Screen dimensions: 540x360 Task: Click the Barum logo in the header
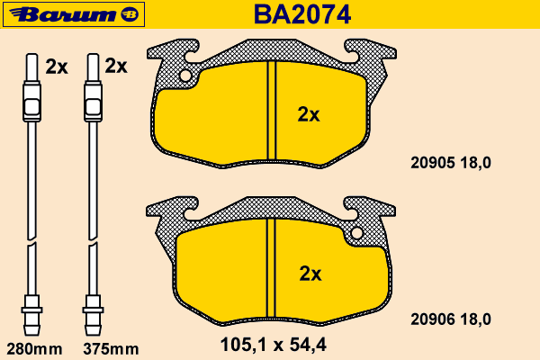(x=74, y=14)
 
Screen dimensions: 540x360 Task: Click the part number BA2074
(x=302, y=14)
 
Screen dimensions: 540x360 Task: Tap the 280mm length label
(x=34, y=349)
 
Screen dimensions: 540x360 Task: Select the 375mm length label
(x=111, y=349)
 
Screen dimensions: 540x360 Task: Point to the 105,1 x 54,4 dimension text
(x=273, y=345)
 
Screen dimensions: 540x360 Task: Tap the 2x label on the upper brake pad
(x=309, y=114)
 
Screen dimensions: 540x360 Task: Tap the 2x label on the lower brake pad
(x=310, y=274)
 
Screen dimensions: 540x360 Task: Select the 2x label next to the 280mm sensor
(x=57, y=67)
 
